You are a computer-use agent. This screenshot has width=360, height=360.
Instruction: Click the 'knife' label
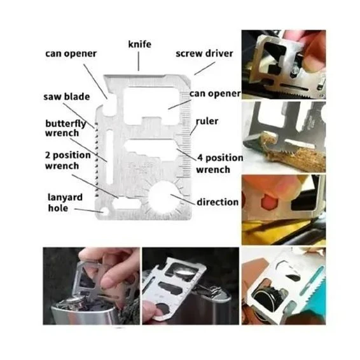point(139,44)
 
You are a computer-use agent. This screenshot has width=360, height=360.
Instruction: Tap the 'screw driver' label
point(204,53)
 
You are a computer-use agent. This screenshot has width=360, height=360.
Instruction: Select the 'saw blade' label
point(67,97)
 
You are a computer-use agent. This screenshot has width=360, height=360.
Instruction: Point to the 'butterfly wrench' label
point(66,128)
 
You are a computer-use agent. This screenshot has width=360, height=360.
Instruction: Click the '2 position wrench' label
point(67,160)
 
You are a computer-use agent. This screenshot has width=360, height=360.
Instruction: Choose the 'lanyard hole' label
point(65,202)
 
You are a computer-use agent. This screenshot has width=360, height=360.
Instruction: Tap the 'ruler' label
point(207,121)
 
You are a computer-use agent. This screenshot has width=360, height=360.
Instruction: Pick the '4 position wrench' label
point(219,163)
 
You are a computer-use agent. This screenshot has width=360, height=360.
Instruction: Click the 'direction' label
point(218,202)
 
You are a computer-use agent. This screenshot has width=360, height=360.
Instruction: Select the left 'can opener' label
point(71,53)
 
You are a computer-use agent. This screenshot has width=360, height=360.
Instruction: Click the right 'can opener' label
point(215,93)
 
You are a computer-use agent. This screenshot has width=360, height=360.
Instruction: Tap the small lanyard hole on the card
point(106,211)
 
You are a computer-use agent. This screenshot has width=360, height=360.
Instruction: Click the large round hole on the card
point(163,197)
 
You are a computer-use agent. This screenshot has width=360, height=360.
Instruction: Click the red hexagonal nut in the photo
point(270,201)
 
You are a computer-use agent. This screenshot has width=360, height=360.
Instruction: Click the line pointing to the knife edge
point(139,61)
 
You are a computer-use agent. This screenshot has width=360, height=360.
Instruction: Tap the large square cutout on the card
point(151,106)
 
